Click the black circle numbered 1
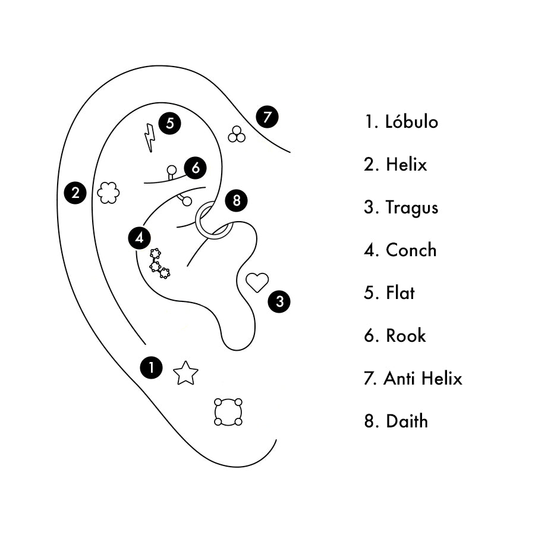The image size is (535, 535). pos(152,367)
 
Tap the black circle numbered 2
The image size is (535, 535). pos(75,193)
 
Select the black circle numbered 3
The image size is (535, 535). pos(279,301)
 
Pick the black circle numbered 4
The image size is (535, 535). pos(139,238)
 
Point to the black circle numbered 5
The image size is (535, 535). pos(170,124)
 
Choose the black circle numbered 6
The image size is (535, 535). pos(196,168)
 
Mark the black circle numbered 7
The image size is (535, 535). pos(267,117)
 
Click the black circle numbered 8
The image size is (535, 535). pos(237,201)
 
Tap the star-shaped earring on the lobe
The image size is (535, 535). pos(185,373)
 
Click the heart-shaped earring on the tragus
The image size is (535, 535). pos(257,282)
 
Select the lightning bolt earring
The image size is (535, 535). pos(150,137)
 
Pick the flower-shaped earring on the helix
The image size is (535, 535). pos(108,193)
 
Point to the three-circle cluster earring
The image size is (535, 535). pos(237,135)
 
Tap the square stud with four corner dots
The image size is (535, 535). pos(228,411)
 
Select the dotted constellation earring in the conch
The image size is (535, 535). pos(159,265)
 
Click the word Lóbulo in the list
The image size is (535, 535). pos(411,122)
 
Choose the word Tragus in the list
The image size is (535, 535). pos(411,207)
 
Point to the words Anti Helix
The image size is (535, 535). pos(423,379)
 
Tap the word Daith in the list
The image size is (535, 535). pos(407,421)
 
